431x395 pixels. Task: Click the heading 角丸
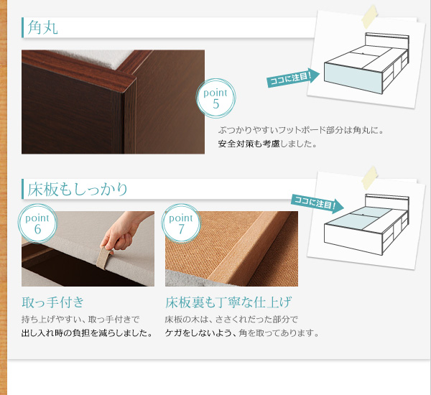[x=43, y=27]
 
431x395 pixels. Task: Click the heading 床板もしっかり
[x=78, y=189]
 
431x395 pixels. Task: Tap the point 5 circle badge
[x=215, y=98]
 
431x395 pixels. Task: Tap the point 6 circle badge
[x=37, y=223]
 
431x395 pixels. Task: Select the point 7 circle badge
[x=181, y=223]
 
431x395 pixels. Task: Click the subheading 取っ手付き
[x=52, y=302]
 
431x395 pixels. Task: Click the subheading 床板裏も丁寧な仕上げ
[x=228, y=302]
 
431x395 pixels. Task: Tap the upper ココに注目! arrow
[x=293, y=78]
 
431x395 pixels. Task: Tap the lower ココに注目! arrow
[x=318, y=203]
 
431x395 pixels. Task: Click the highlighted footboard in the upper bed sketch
[x=353, y=78]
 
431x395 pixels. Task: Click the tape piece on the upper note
[x=369, y=17]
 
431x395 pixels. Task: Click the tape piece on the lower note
[x=369, y=178]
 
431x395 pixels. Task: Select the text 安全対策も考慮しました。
[x=267, y=144]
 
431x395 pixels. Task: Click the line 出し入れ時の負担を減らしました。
[x=87, y=333]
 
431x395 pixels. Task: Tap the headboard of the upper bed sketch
[x=387, y=41]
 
